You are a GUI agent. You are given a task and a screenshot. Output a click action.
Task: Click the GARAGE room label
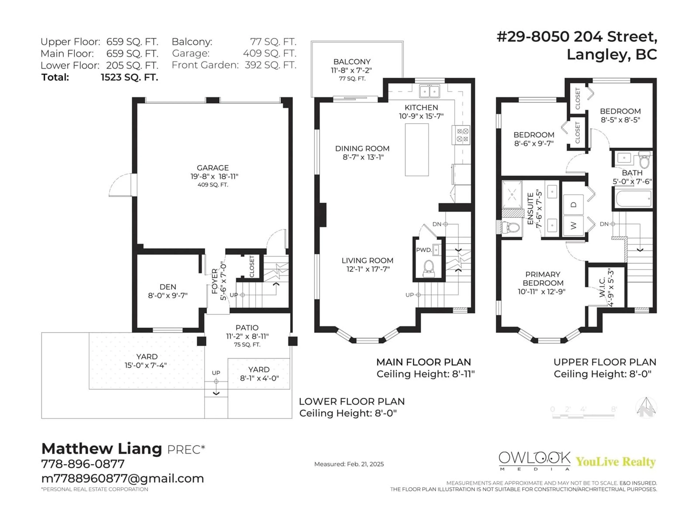(x=213, y=168)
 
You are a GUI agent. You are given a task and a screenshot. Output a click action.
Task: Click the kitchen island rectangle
(x=417, y=150)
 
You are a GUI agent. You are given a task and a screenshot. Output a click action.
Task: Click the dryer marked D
(x=573, y=205)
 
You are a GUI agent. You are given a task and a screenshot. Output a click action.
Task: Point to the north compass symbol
(x=646, y=408)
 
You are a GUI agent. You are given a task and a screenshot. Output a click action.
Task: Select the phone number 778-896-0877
(x=83, y=464)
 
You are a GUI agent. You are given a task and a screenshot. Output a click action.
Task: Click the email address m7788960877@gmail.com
(x=123, y=479)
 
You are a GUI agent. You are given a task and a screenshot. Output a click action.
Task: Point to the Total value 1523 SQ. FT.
(x=129, y=77)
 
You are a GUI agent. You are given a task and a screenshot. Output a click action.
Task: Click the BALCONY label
(x=352, y=62)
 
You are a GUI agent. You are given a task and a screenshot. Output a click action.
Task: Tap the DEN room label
(x=168, y=287)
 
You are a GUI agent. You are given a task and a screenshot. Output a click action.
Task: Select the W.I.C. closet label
(x=602, y=287)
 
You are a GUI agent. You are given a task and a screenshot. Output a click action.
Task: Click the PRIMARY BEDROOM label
(x=543, y=279)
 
